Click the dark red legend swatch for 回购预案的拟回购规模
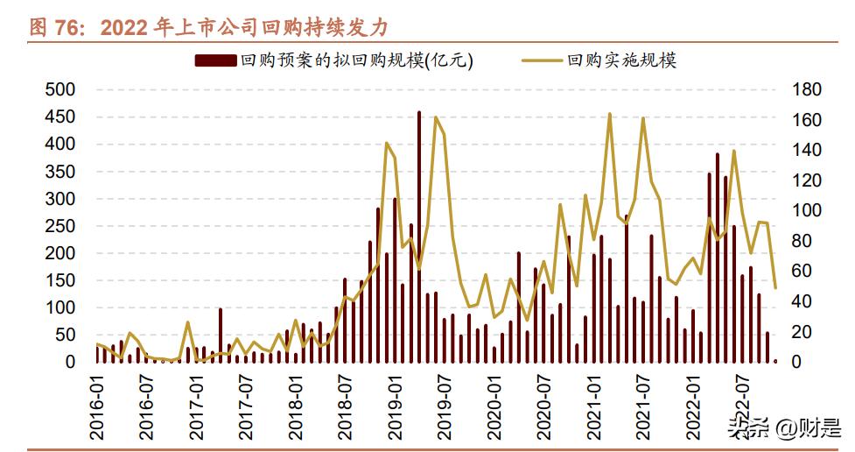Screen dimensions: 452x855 [x=214, y=60]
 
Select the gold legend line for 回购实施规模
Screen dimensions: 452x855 [x=542, y=60]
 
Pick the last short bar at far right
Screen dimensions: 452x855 [x=775, y=360]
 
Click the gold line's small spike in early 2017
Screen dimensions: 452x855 [x=188, y=323]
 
